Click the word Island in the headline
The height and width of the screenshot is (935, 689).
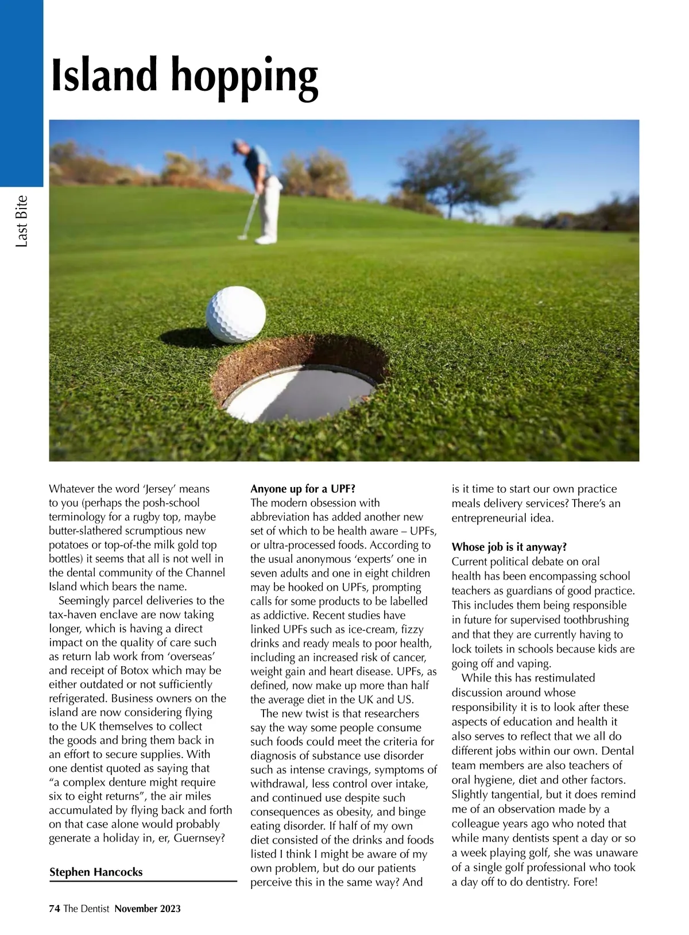(x=104, y=75)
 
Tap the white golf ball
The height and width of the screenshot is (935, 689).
(x=235, y=315)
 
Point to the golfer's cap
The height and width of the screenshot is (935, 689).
(x=239, y=144)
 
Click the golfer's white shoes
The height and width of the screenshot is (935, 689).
(x=266, y=239)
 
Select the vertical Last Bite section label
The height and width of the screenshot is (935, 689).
(x=22, y=222)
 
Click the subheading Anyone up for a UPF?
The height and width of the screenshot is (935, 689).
(x=303, y=489)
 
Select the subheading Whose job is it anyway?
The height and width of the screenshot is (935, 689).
(x=509, y=547)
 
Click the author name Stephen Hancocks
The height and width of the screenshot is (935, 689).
(x=96, y=872)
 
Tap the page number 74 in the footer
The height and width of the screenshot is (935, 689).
(x=55, y=909)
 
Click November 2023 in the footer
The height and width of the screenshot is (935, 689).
(x=148, y=909)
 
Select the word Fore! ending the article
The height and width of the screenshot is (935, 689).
(x=585, y=882)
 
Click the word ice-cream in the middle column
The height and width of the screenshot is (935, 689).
(x=373, y=629)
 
